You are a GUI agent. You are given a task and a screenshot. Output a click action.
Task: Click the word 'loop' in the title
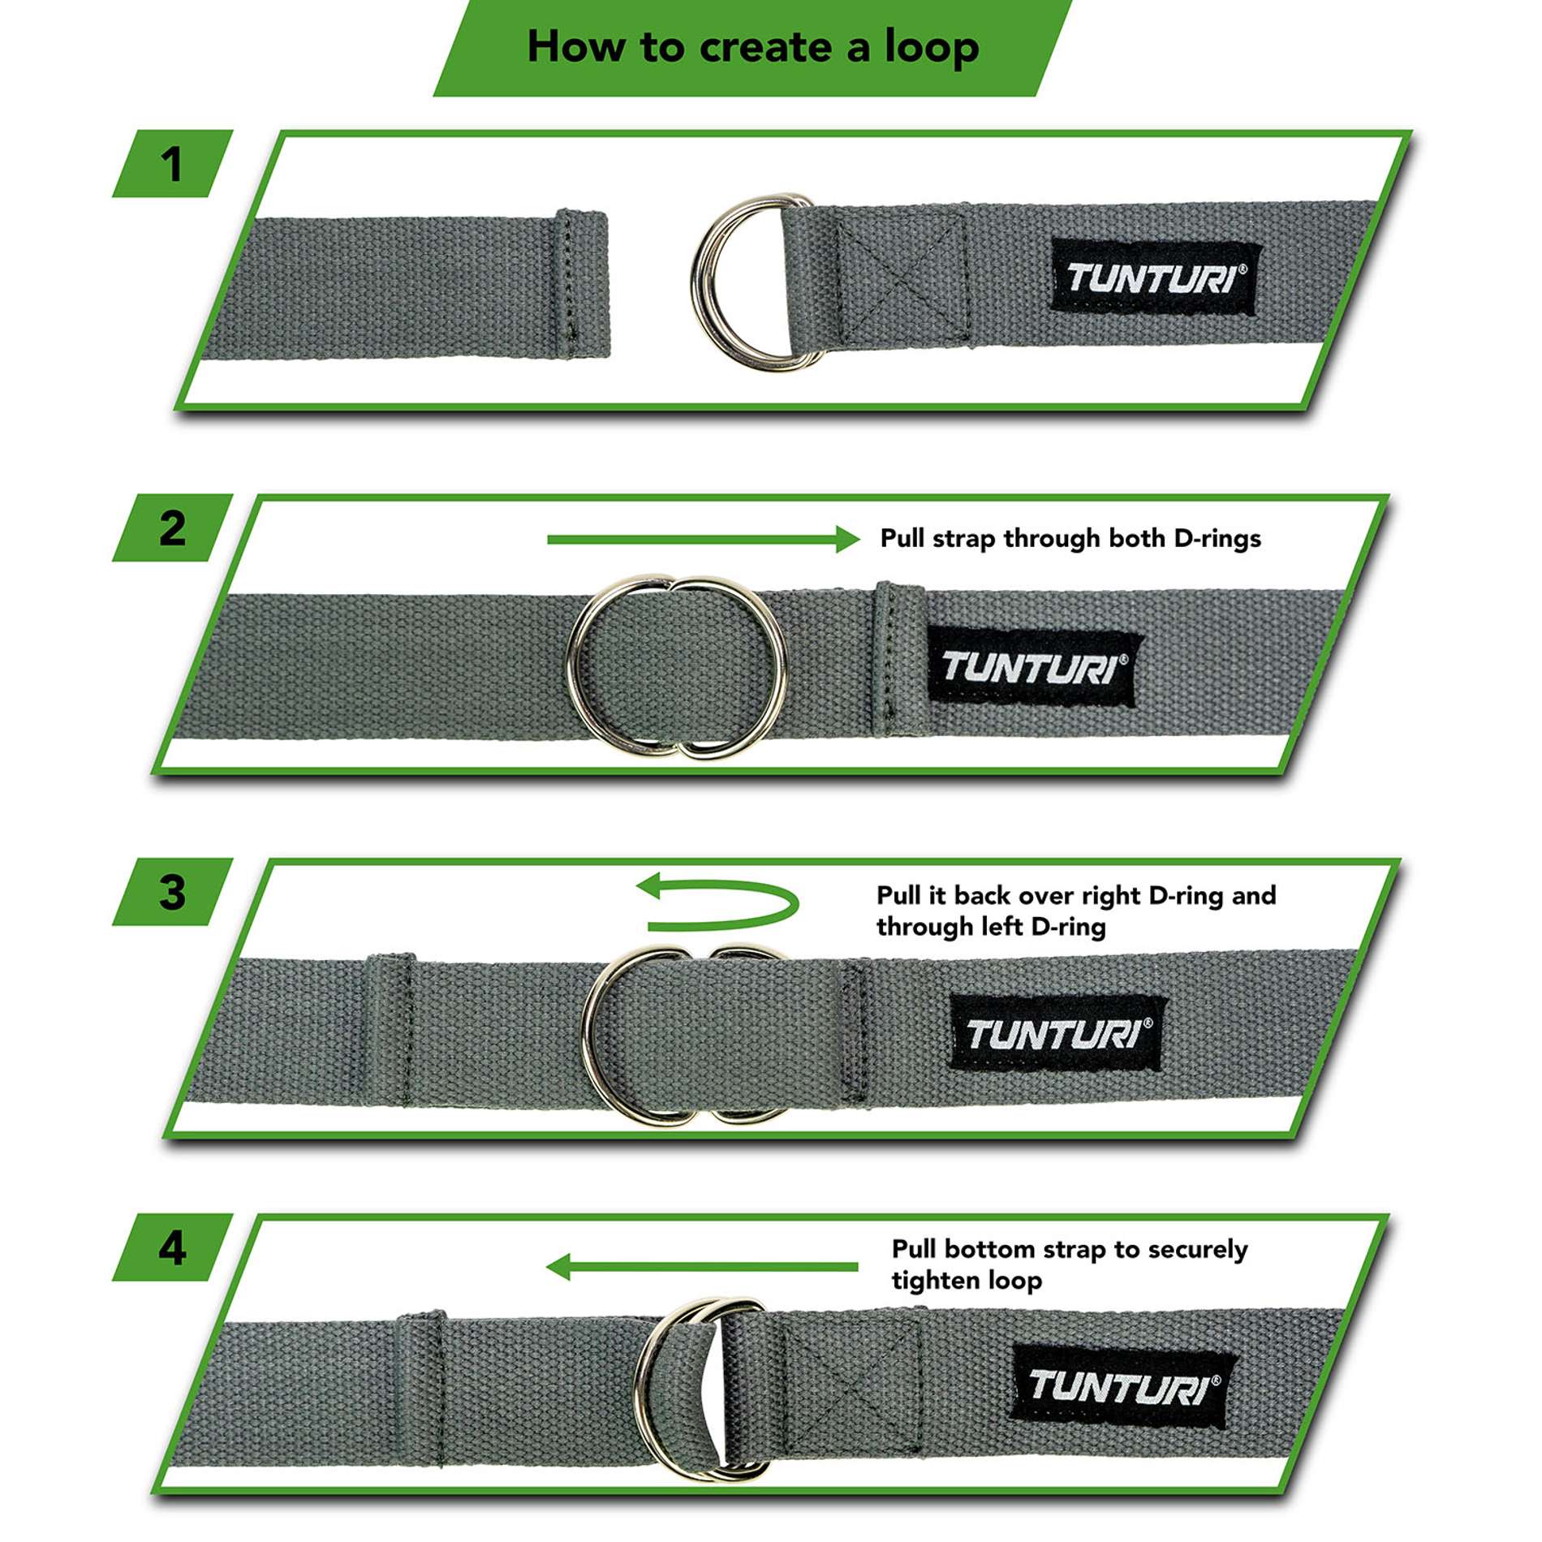point(932,49)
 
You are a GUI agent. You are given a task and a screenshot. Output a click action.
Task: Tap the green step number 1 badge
point(172,164)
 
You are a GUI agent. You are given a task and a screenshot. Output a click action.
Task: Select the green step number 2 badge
point(172,528)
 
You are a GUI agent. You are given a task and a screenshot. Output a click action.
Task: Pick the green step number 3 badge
point(172,892)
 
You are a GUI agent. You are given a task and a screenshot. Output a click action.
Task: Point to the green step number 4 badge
point(172,1248)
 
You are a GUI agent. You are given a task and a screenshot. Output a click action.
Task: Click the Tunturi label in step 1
point(1155,278)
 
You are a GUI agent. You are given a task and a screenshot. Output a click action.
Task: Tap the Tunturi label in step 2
point(1033,667)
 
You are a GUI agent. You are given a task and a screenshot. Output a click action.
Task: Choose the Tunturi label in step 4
point(1122,1386)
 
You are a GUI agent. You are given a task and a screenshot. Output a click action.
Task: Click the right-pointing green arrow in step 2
point(703,539)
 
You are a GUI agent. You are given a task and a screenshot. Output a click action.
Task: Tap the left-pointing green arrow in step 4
point(701,1267)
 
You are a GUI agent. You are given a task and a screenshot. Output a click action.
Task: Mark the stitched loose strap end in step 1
point(581,284)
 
